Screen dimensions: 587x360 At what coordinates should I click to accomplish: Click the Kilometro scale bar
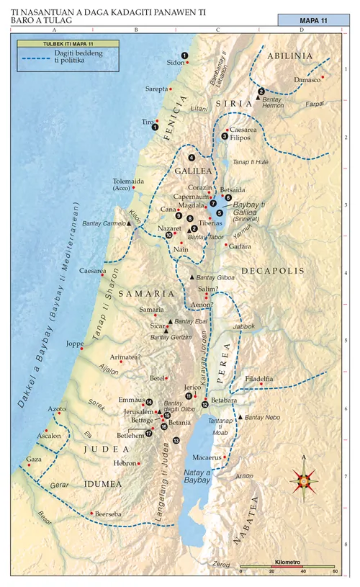click(287, 566)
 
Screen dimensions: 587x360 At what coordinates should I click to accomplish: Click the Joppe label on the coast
click(75, 344)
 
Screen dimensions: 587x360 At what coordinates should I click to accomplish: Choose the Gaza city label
click(33, 459)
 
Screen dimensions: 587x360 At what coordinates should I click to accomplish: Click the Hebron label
click(125, 463)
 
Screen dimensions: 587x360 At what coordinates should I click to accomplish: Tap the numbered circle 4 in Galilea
click(192, 157)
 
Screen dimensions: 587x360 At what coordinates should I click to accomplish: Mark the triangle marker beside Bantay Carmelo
click(130, 224)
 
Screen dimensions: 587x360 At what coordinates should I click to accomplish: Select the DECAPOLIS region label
click(265, 271)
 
